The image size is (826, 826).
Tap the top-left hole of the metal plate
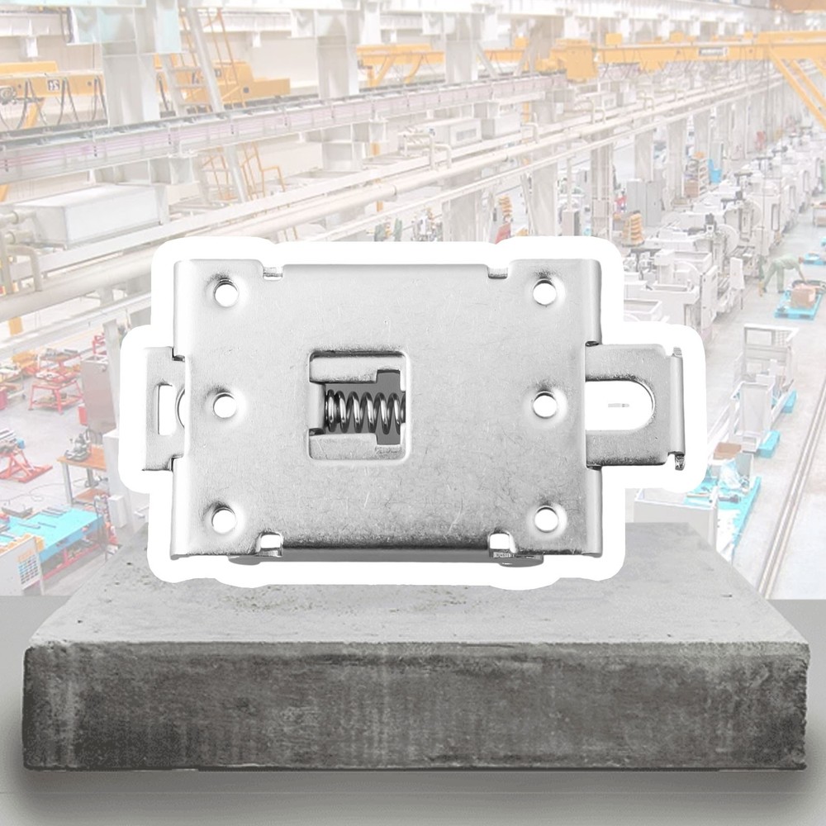[x=225, y=292]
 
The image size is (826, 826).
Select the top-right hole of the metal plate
[x=543, y=292]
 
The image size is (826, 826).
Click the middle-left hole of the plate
[x=225, y=406]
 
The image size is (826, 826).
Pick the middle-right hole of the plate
[x=544, y=405]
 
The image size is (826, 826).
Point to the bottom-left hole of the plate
[x=224, y=519]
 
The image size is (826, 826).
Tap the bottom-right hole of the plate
[x=544, y=519]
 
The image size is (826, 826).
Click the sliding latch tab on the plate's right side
[x=636, y=405]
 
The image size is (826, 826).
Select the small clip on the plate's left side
[x=164, y=408]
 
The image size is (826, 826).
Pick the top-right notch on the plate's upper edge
[x=497, y=271]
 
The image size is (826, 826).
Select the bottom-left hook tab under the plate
[x=269, y=545]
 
